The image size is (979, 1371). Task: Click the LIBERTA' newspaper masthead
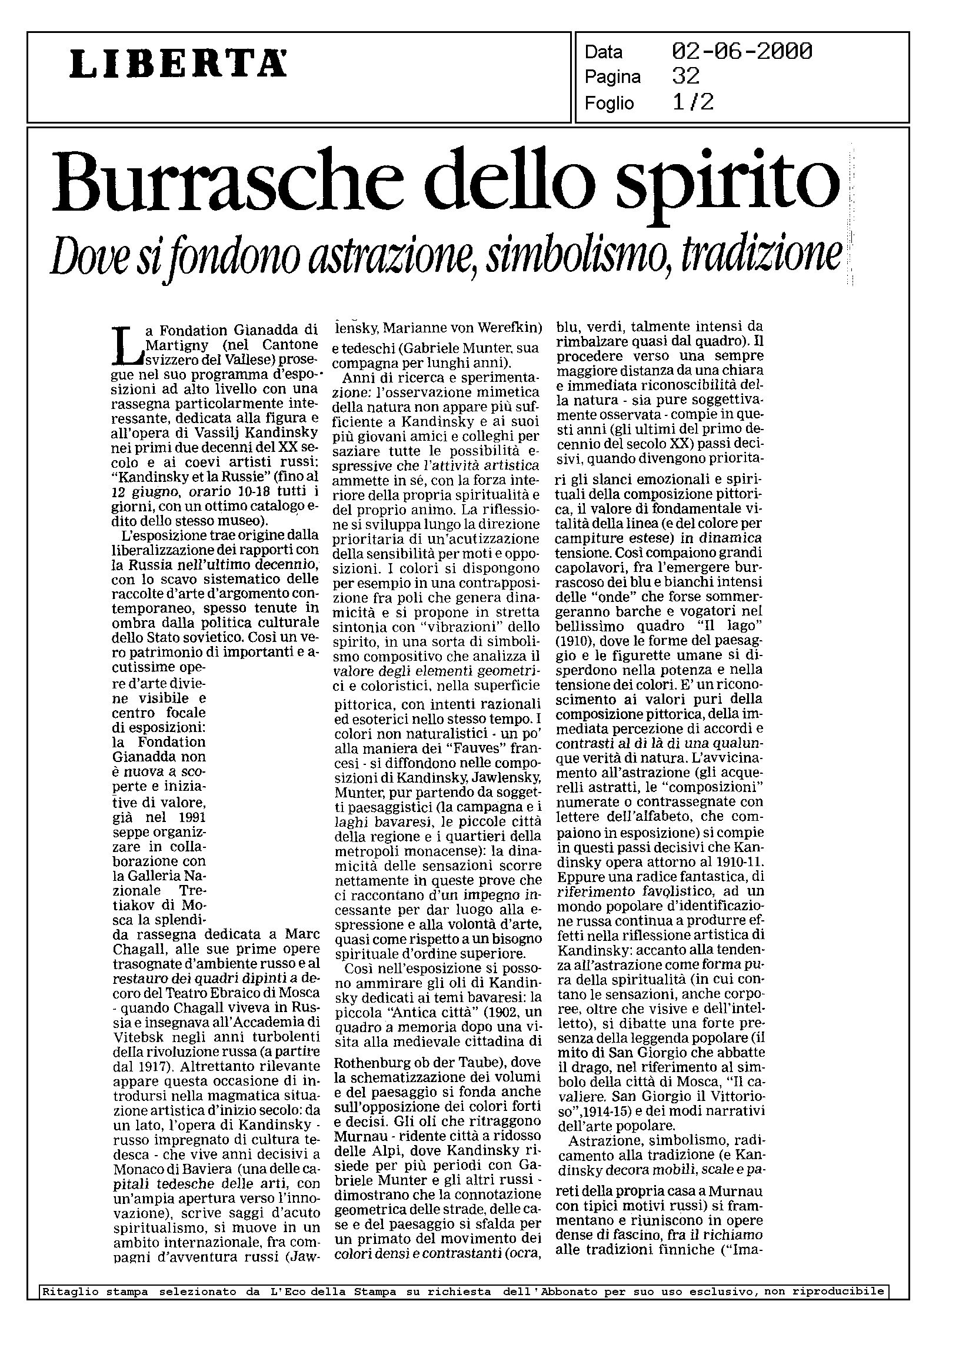pyautogui.click(x=178, y=64)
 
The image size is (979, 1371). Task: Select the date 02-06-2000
pyautogui.click(x=742, y=52)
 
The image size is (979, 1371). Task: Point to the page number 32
pyautogui.click(x=686, y=76)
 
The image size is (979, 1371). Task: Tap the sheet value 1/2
pyautogui.click(x=693, y=102)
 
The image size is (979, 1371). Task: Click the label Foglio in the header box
pyautogui.click(x=609, y=104)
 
